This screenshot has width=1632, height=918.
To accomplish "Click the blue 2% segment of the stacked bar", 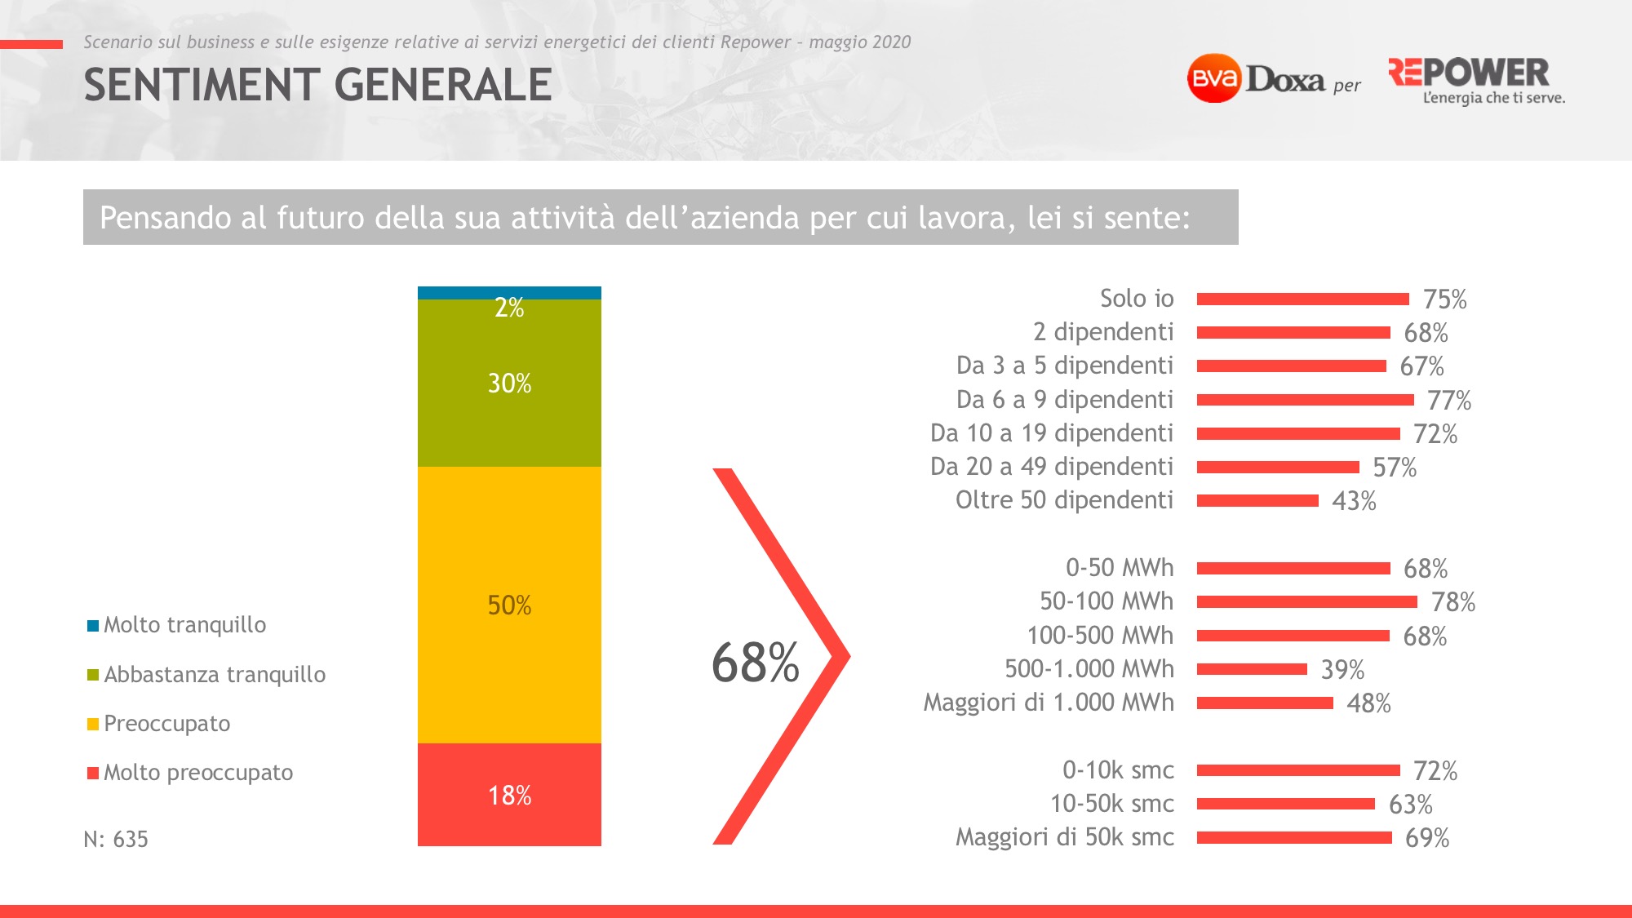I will pyautogui.click(x=509, y=293).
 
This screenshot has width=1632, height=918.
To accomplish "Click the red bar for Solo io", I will pyautogui.click(x=1302, y=299).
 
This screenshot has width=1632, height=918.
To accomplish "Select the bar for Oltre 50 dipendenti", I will pyautogui.click(x=1257, y=500).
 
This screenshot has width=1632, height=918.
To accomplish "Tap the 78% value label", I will pyautogui.click(x=1453, y=602).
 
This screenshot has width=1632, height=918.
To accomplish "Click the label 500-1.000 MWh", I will pyautogui.click(x=1089, y=669).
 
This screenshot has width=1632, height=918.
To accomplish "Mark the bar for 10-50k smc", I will pyautogui.click(x=1285, y=804).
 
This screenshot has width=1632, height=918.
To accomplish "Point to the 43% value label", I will pyautogui.click(x=1354, y=501).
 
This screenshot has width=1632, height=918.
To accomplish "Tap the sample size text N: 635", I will pyautogui.click(x=116, y=839).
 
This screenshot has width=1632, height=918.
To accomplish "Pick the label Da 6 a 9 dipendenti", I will pyautogui.click(x=1065, y=400).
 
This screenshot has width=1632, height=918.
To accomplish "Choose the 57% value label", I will pyautogui.click(x=1395, y=468).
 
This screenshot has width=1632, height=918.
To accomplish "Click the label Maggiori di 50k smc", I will pyautogui.click(x=1065, y=837).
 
